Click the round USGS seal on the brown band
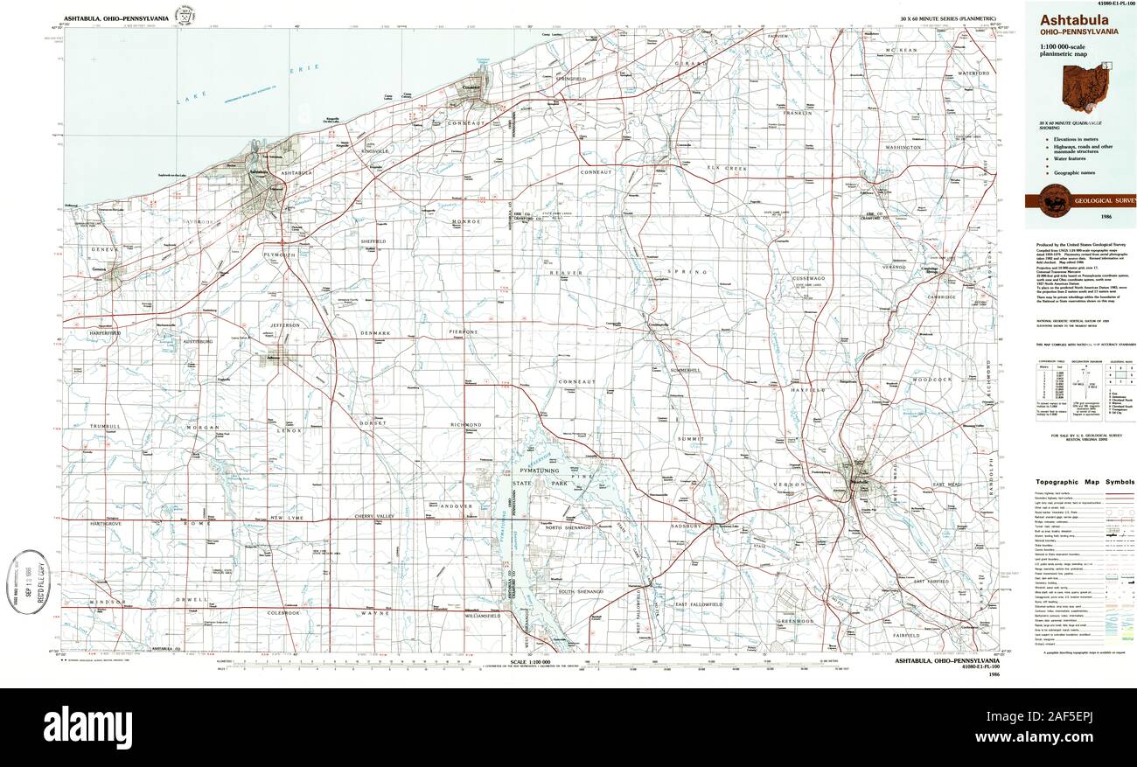point(1052,201)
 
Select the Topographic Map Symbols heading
point(1085,482)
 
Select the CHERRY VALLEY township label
point(376,517)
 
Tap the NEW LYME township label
point(286,518)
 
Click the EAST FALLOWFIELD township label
point(698,604)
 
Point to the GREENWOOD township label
point(796,621)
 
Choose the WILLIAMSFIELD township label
point(482,616)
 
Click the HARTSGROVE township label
point(103,523)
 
